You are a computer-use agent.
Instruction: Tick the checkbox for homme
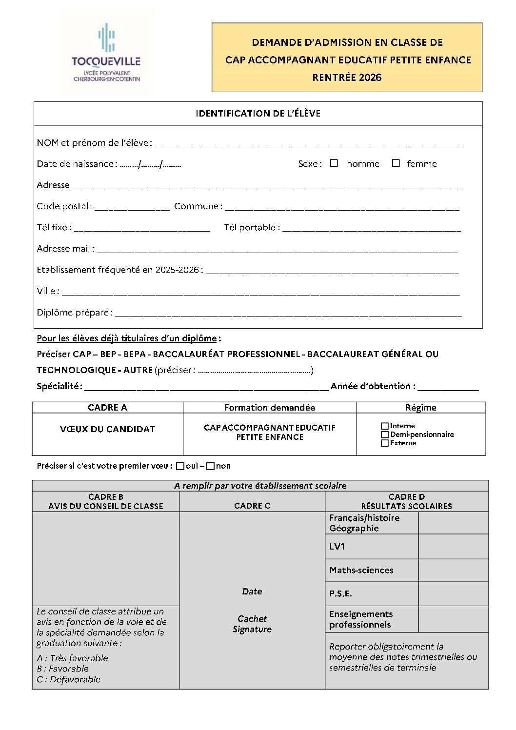[x=334, y=163]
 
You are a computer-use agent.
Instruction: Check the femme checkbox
[x=396, y=163]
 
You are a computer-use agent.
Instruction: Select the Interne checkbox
[x=385, y=426]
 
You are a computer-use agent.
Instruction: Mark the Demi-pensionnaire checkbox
[x=385, y=434]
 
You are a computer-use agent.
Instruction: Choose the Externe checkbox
[x=385, y=443]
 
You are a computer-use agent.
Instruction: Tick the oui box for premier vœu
[x=180, y=466]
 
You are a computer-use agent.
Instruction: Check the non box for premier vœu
[x=211, y=466]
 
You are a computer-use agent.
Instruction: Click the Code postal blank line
[x=132, y=207]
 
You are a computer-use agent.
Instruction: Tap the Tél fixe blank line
[x=141, y=228]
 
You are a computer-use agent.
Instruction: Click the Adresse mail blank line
[x=277, y=250]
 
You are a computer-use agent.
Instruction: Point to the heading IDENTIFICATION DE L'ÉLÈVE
[x=258, y=114]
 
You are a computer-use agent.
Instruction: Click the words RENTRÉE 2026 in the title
[x=347, y=78]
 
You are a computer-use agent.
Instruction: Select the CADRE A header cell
[x=107, y=408]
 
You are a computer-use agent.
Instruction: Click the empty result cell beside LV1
[x=453, y=547]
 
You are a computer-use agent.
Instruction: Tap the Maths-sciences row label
[x=361, y=570]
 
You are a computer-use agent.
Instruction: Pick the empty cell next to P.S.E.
[x=453, y=593]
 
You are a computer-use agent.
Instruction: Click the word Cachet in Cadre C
[x=252, y=619]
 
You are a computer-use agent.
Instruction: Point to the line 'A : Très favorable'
[x=72, y=658]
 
